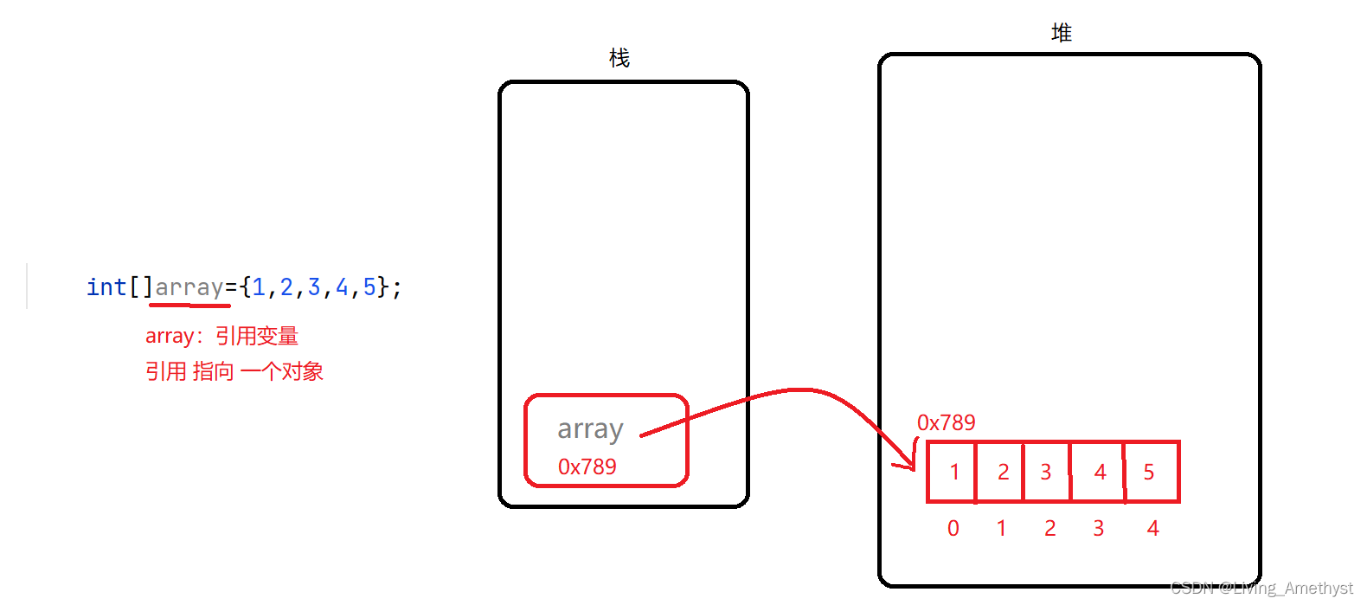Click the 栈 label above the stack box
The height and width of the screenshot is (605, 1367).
pyautogui.click(x=619, y=58)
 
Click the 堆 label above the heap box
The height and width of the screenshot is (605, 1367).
pyautogui.click(x=1062, y=33)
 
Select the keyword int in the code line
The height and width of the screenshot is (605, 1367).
pyautogui.click(x=106, y=286)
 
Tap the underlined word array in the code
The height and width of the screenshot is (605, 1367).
pyautogui.click(x=189, y=287)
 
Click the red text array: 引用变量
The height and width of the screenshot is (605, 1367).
pyautogui.click(x=221, y=336)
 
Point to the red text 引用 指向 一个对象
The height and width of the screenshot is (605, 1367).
pyautogui.click(x=234, y=371)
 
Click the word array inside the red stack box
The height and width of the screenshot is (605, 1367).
pyautogui.click(x=590, y=429)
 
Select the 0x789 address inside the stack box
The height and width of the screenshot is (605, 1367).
pyautogui.click(x=587, y=467)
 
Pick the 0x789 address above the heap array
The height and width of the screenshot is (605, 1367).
pyautogui.click(x=946, y=422)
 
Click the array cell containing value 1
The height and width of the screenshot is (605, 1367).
pyautogui.click(x=953, y=472)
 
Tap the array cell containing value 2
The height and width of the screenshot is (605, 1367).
pyautogui.click(x=1001, y=472)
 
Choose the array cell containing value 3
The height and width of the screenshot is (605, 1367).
pyautogui.click(x=1046, y=472)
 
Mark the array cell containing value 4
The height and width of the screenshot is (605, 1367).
pyautogui.click(x=1099, y=472)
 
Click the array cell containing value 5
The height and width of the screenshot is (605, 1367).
pyautogui.click(x=1150, y=472)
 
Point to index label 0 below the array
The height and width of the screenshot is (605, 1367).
pyautogui.click(x=953, y=528)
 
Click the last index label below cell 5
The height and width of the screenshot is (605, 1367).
pyautogui.click(x=1152, y=528)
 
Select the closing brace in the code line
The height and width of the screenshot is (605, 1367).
pyautogui.click(x=383, y=286)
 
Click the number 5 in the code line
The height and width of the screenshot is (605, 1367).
pyautogui.click(x=369, y=286)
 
